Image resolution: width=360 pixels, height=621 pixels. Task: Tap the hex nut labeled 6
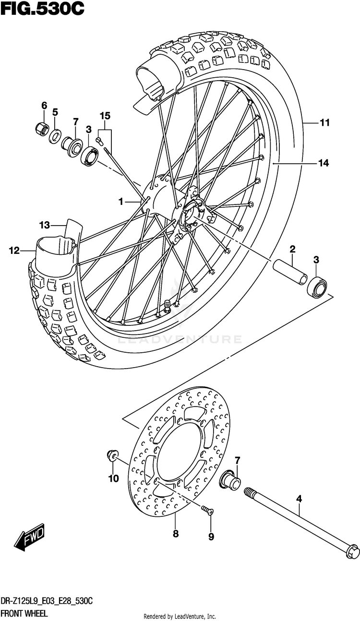[42, 128]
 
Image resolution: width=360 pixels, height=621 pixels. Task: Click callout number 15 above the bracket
[105, 116]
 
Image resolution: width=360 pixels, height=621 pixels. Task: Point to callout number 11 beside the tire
[325, 122]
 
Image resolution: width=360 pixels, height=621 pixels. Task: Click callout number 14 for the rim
[324, 163]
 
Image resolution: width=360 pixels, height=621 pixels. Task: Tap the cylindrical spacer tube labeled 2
[290, 273]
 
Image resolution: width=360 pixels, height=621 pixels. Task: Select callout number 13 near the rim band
[44, 225]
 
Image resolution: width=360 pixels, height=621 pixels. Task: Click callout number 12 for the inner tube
[14, 251]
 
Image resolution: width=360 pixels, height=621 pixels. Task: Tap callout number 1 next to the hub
[121, 202]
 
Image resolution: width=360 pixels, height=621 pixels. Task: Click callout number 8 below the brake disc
[176, 534]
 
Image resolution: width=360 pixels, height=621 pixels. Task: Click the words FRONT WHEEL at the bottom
[24, 613]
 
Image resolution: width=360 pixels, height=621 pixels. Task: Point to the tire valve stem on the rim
[167, 306]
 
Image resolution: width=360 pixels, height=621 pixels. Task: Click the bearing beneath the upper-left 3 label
[89, 156]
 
